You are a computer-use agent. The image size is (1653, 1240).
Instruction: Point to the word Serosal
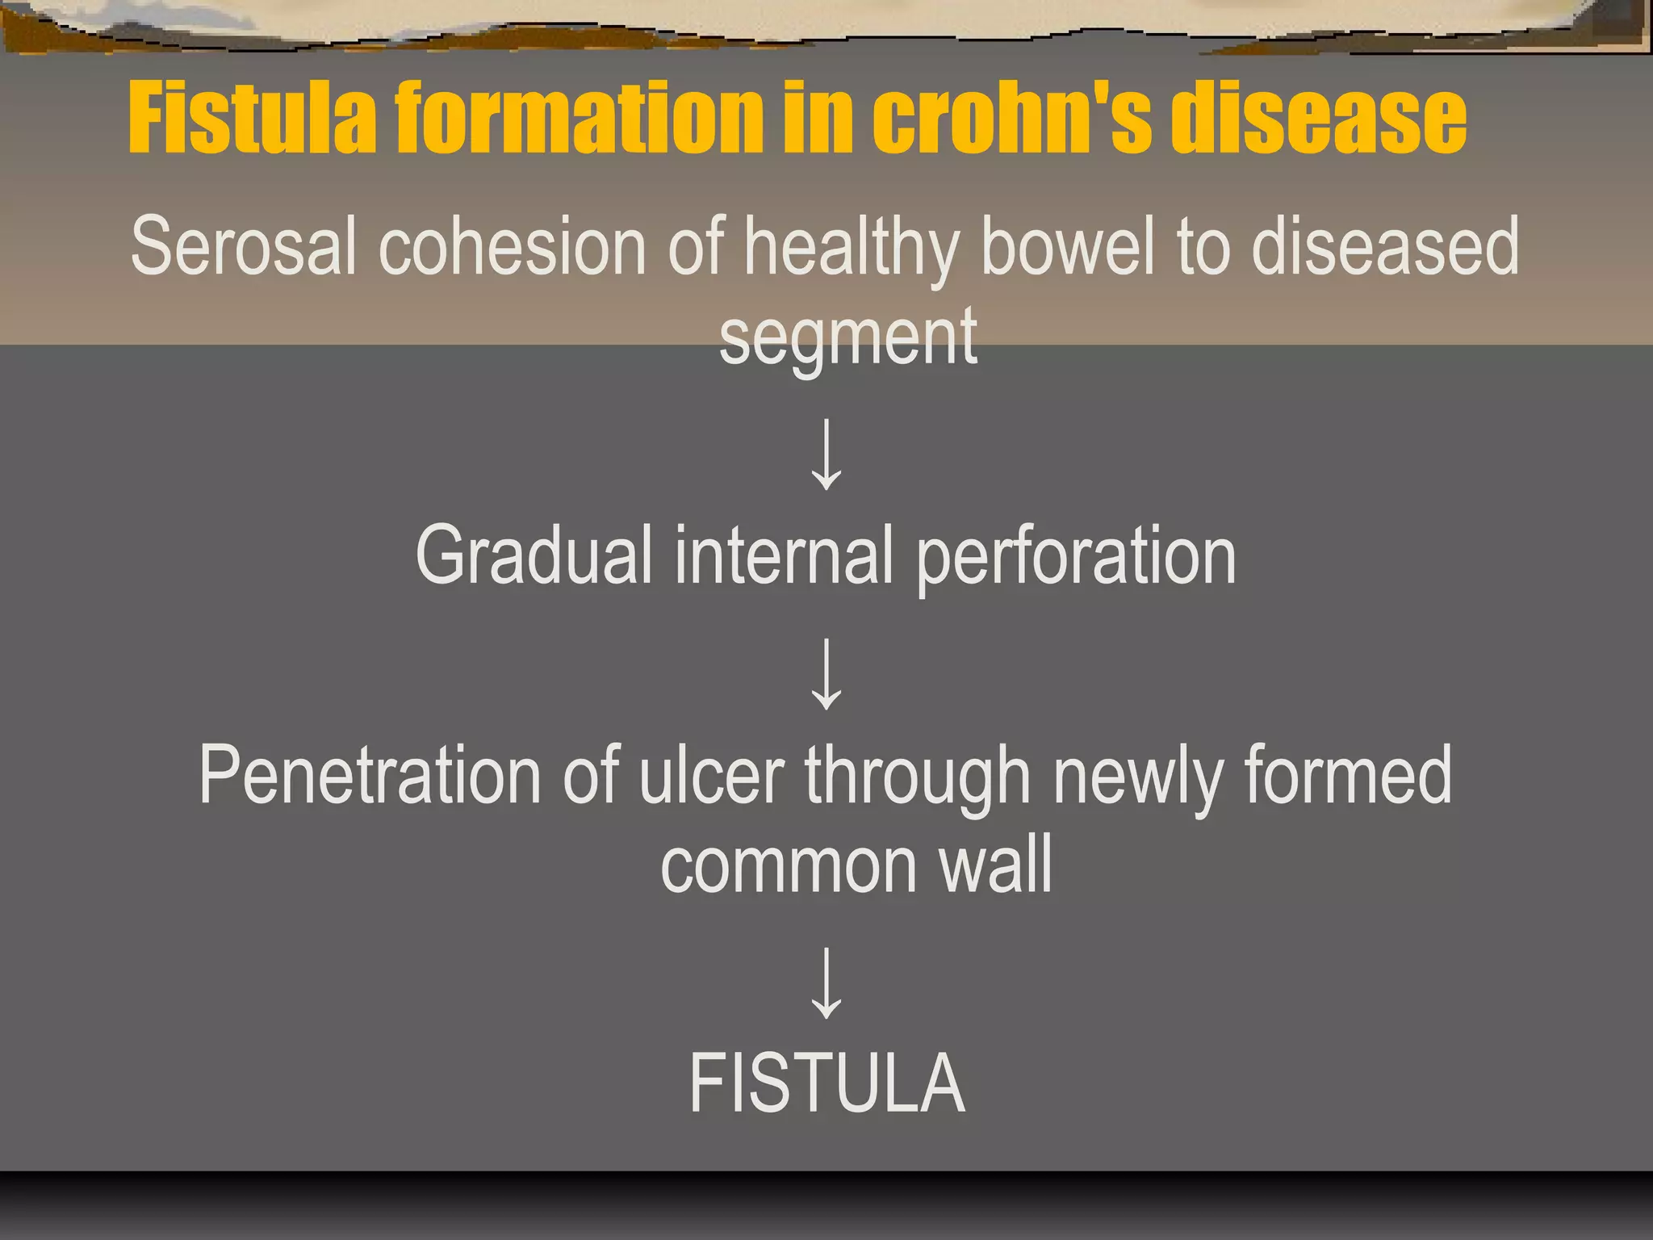pyautogui.click(x=243, y=246)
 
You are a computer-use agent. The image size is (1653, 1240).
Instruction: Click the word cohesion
pyautogui.click(x=512, y=246)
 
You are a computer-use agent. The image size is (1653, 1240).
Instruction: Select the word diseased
pyautogui.click(x=1385, y=246)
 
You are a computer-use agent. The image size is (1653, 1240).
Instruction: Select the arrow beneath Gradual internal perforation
pyautogui.click(x=826, y=674)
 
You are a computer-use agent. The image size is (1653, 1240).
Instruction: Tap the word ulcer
pyautogui.click(x=711, y=775)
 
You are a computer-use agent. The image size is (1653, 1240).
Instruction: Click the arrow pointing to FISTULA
pyautogui.click(x=826, y=982)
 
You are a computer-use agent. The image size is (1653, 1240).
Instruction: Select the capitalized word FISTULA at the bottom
pyautogui.click(x=826, y=1083)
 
